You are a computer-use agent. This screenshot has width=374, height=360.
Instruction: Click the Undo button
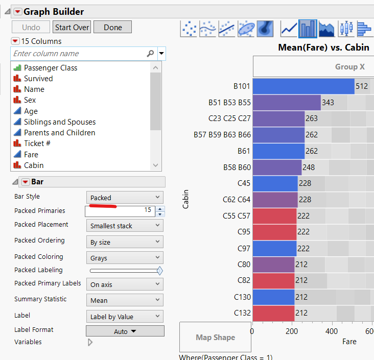31,28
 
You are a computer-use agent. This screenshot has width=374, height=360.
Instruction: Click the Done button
112,28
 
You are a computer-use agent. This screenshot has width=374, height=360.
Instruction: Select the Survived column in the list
38,79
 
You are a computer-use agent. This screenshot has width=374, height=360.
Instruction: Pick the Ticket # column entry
37,143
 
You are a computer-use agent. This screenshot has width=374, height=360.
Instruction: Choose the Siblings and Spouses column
59,122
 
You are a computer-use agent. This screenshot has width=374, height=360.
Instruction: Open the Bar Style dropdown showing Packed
125,198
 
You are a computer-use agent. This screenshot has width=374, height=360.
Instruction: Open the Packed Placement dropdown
125,226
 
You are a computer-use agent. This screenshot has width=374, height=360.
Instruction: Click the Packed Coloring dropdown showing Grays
125,258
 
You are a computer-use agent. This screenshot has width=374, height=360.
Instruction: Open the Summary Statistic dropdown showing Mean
125,300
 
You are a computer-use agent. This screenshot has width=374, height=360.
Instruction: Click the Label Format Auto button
125,331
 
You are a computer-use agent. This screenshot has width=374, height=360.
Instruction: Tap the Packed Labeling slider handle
160,271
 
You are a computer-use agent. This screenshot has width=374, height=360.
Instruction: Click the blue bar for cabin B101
303,86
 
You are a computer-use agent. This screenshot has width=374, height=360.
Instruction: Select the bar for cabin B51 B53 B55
286,103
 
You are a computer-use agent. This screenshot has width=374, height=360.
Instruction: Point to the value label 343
328,103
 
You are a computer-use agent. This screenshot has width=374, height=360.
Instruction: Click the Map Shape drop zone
215,337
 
